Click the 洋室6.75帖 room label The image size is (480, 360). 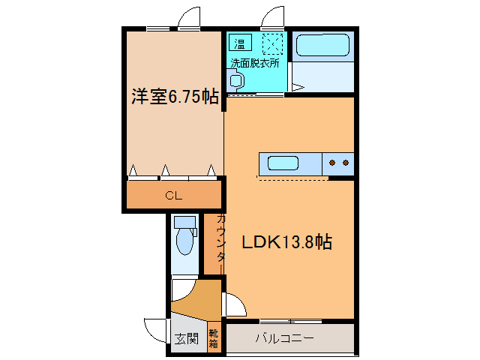click(x=175, y=97)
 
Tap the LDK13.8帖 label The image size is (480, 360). click(x=286, y=242)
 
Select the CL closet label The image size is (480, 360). click(x=174, y=196)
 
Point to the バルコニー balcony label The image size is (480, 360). click(x=285, y=338)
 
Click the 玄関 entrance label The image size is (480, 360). click(x=187, y=339)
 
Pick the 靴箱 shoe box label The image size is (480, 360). click(x=214, y=339)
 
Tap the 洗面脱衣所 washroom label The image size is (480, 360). click(x=255, y=63)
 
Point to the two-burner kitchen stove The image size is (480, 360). click(x=338, y=162)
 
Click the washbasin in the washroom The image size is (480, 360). click(x=236, y=80)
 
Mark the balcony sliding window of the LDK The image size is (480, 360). click(x=289, y=321)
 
